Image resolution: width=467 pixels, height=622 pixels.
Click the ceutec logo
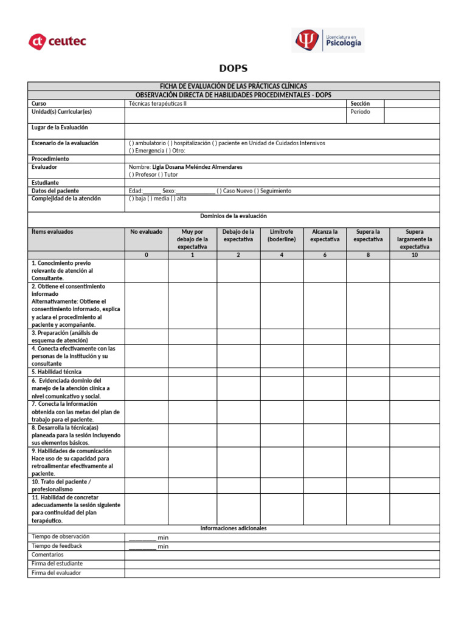(58, 41)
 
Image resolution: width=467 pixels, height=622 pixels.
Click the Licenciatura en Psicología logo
(328, 40)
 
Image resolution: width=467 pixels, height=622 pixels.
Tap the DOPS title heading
(233, 69)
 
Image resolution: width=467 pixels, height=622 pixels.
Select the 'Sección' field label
(360, 104)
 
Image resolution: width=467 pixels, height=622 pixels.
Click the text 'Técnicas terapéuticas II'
(158, 104)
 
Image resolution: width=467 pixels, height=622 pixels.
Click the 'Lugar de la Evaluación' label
(60, 128)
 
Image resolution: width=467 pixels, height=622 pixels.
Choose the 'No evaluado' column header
(146, 231)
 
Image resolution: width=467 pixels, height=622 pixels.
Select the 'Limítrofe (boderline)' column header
(282, 235)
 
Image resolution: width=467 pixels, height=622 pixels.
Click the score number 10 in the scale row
(414, 255)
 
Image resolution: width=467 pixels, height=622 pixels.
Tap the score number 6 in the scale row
(325, 255)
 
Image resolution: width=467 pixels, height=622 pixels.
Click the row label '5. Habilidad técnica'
(57, 371)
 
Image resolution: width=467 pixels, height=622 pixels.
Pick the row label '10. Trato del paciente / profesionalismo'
(61, 485)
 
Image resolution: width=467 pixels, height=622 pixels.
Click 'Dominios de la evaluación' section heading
(233, 216)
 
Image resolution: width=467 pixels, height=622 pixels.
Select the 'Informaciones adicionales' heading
(233, 528)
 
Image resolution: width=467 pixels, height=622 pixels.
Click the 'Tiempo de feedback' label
(57, 545)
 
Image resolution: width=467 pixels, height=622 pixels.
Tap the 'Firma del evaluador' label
(56, 573)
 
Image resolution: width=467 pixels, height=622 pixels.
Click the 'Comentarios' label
(47, 555)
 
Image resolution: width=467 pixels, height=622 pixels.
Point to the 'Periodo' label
(359, 112)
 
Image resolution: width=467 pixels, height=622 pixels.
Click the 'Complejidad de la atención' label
(66, 199)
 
